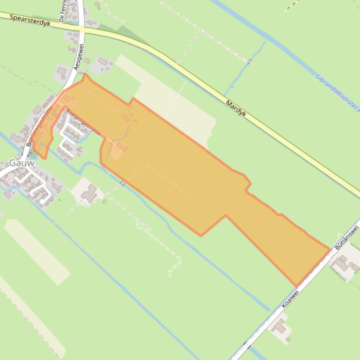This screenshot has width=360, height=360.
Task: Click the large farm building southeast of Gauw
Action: pos(89,192)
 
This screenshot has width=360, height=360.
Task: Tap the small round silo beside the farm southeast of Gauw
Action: pos(104,202)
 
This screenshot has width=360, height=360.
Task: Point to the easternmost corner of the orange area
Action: pos(330,250)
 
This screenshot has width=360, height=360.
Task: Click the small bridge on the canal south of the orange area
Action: pos(122,183)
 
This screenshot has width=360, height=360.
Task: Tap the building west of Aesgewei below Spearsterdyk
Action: pos(62,72)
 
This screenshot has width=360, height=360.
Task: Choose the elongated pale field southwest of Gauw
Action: pos(37,252)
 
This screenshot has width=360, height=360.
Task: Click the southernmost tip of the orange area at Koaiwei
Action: pos(296,286)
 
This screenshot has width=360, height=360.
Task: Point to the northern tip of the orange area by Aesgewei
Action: pos(85,74)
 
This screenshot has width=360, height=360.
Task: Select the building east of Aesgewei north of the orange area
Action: pos(102,62)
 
